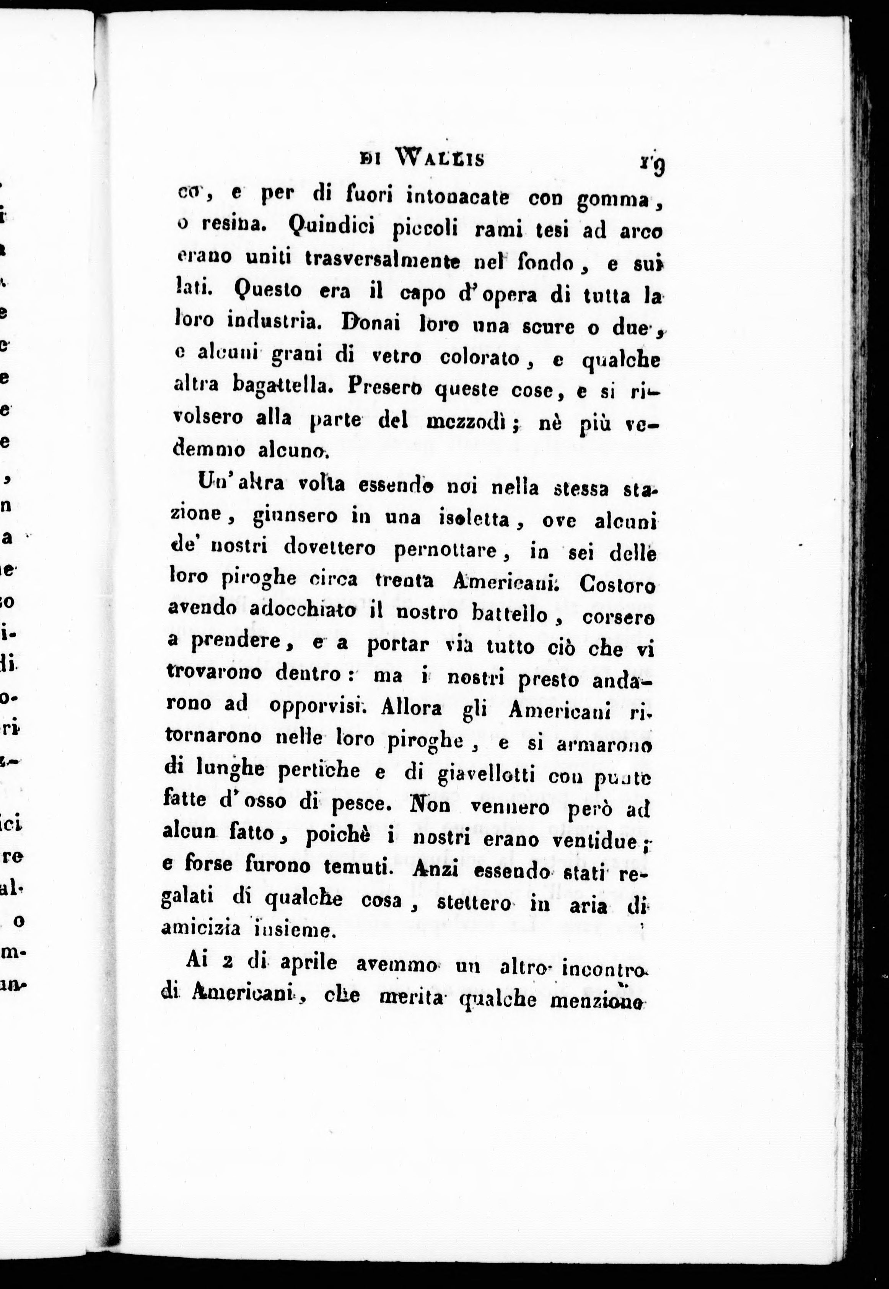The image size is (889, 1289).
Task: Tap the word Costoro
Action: coord(617,586)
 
